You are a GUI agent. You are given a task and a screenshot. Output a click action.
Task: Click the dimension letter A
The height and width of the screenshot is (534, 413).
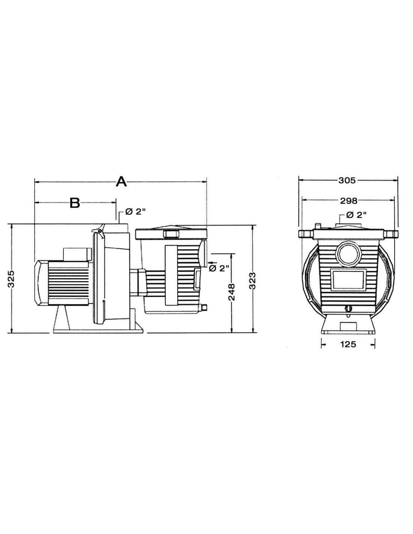tap(121, 182)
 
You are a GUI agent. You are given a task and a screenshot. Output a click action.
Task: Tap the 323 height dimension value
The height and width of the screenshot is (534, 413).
tap(253, 281)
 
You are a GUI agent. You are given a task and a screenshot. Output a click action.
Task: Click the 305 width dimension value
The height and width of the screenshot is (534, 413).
tap(347, 181)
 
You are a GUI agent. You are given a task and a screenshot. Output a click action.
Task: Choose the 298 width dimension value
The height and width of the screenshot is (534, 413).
tap(348, 201)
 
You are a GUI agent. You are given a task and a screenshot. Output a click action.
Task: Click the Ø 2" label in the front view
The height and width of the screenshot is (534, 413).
tap(356, 215)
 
